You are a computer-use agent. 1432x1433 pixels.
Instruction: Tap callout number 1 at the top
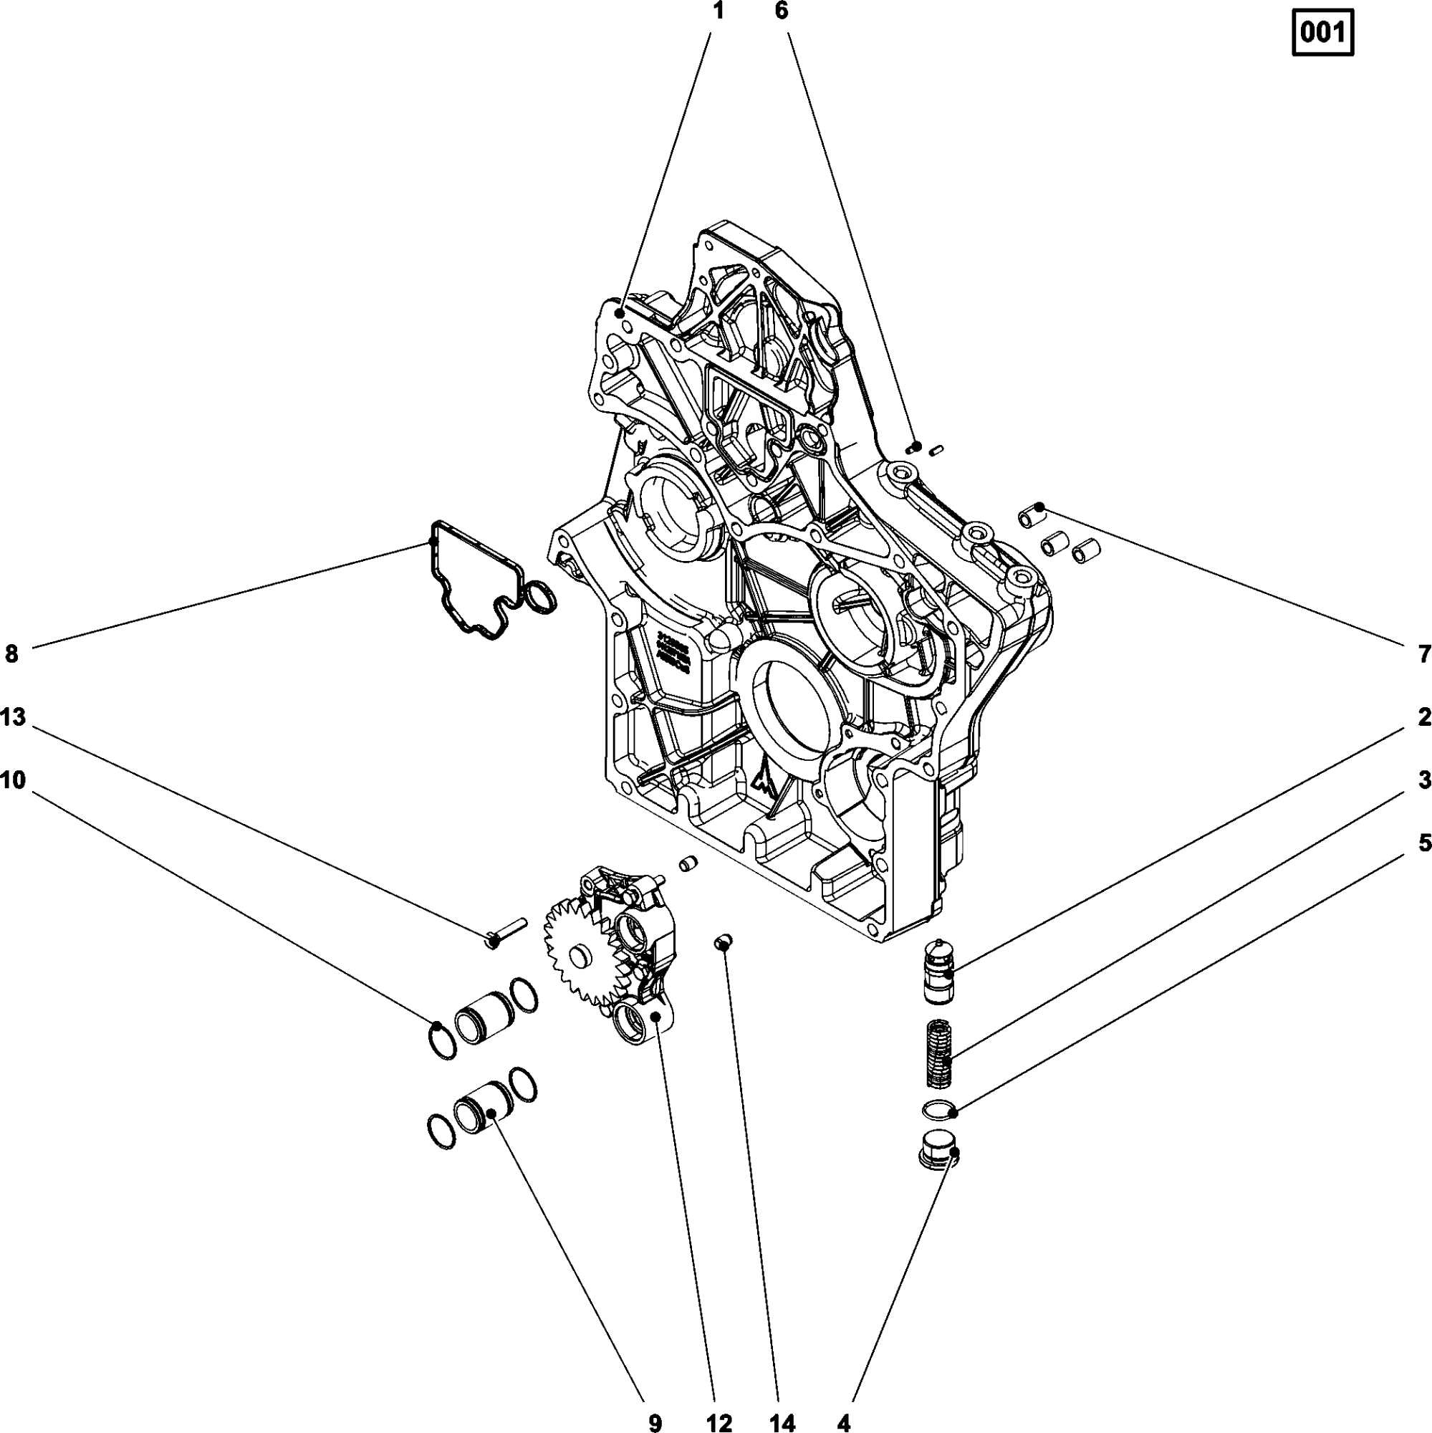(x=717, y=11)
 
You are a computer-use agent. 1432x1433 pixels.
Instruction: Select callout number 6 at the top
(x=782, y=11)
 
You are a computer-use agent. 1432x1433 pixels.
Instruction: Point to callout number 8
(x=11, y=654)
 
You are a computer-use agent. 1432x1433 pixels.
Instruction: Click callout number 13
(x=13, y=717)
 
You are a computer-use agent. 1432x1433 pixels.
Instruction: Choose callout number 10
(x=13, y=780)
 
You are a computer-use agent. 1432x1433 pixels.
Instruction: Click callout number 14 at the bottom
(x=783, y=1422)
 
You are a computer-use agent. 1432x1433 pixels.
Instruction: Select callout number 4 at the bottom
(x=844, y=1422)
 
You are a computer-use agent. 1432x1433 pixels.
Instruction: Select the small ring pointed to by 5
(x=938, y=1109)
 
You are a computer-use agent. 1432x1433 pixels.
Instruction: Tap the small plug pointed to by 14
(x=722, y=942)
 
